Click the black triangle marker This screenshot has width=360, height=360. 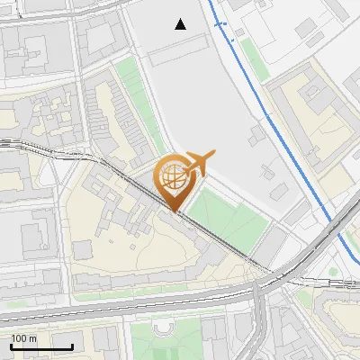[x=181, y=24]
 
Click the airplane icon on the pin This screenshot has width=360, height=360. [x=196, y=163]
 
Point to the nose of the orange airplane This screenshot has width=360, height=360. [x=213, y=156]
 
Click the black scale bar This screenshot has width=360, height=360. [x=41, y=346]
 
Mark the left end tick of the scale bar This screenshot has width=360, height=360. [x=11, y=346]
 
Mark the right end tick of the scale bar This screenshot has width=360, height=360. [x=72, y=346]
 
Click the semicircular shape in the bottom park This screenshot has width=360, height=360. [x=163, y=330]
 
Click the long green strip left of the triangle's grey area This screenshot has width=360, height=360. [x=135, y=99]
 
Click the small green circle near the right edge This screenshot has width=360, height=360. [x=333, y=271]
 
